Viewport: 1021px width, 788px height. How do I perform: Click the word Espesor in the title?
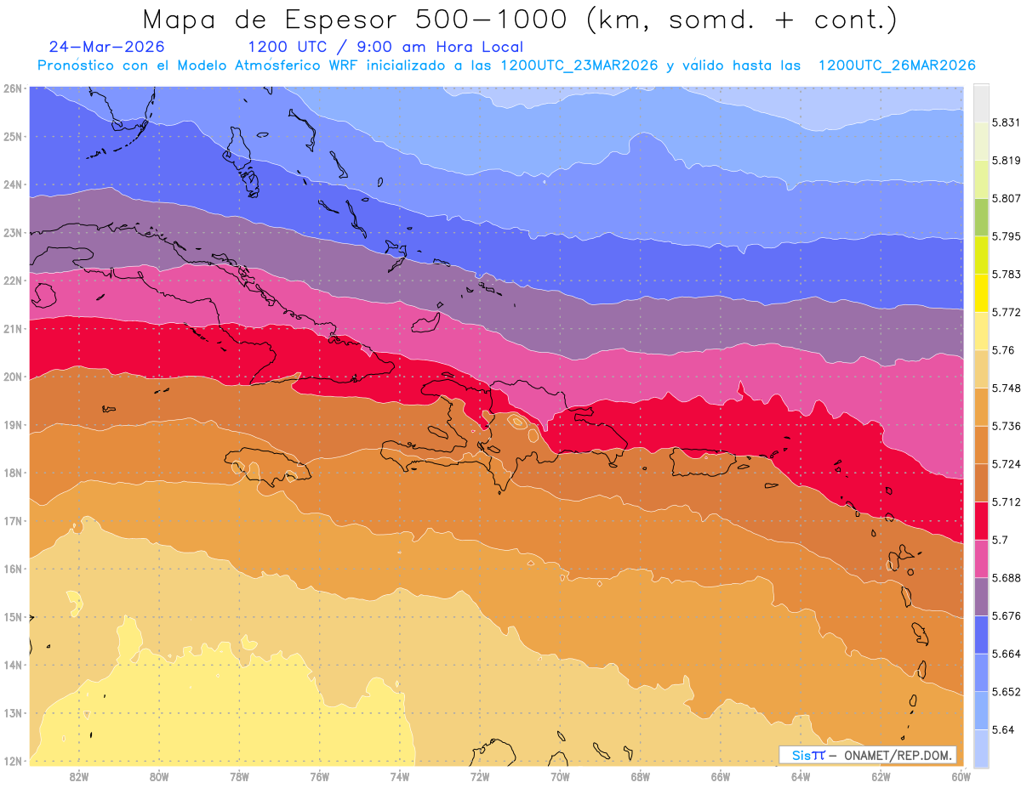point(340,20)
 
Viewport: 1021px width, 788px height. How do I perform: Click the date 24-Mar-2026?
point(106,47)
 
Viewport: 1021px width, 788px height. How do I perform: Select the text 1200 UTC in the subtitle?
point(287,47)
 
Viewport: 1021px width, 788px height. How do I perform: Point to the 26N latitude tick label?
point(12,88)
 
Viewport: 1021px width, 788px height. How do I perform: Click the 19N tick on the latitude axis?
point(12,425)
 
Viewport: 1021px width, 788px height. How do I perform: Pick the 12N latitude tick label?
point(12,761)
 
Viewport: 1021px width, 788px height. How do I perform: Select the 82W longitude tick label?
point(78,777)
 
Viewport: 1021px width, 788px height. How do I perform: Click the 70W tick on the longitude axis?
point(560,777)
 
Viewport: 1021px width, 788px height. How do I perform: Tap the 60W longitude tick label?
point(961,777)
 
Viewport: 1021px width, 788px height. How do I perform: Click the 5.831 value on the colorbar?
point(1006,122)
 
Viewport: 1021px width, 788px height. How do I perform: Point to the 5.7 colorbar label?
point(1000,540)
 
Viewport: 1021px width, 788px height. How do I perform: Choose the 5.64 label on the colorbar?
point(1003,729)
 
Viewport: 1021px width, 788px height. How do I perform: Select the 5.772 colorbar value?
point(1006,312)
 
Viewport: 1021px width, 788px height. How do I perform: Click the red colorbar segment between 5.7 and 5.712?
point(981,521)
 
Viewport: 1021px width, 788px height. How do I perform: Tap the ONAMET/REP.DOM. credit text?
point(898,755)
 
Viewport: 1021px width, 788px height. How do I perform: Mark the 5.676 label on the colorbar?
point(1006,615)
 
